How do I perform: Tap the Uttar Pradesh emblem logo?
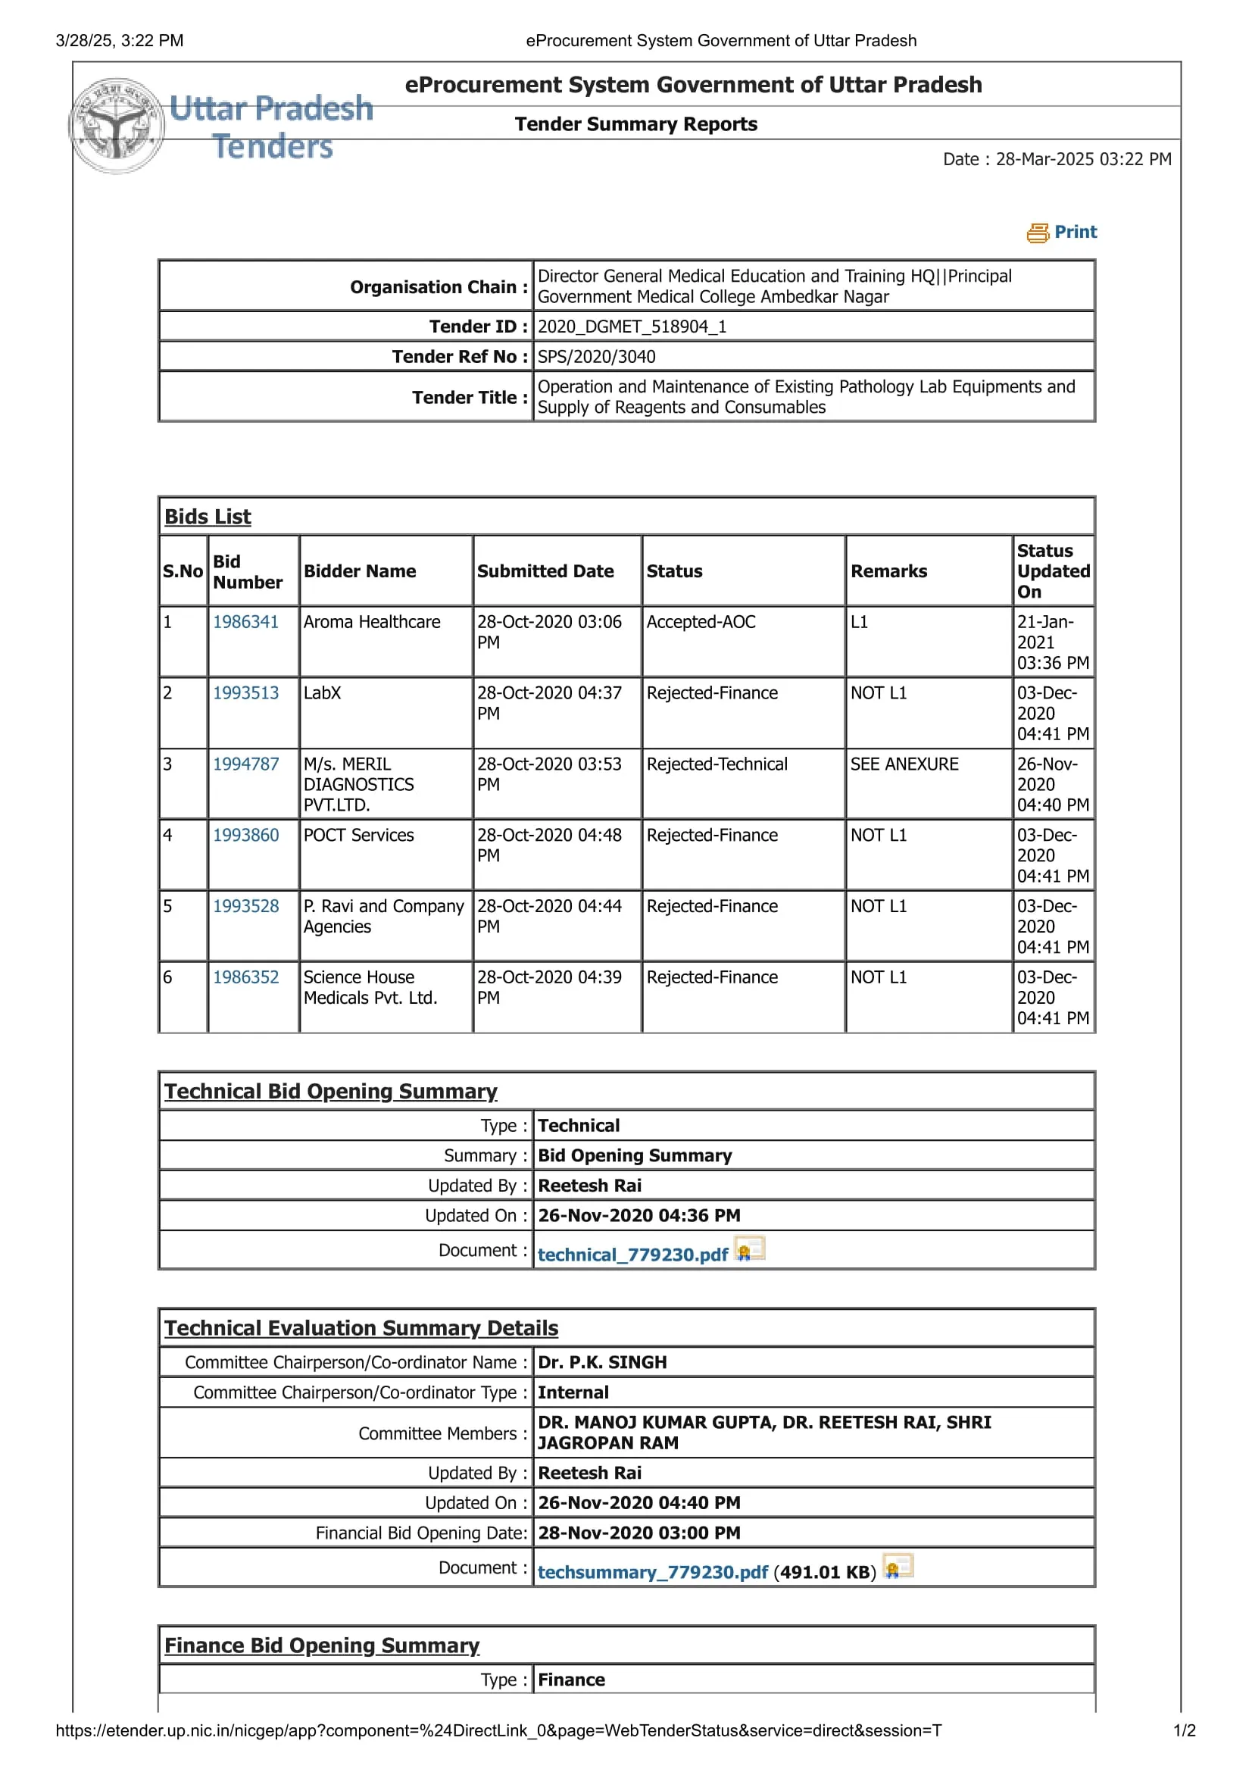tap(117, 126)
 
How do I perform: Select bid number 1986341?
tap(245, 622)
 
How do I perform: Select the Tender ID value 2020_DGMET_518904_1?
tap(632, 327)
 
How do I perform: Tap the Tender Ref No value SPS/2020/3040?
tap(596, 357)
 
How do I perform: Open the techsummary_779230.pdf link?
tap(653, 1572)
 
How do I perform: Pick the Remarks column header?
tap(888, 571)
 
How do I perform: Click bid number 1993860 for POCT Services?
tap(245, 835)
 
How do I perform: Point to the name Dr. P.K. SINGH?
tap(601, 1362)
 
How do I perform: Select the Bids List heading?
tap(208, 517)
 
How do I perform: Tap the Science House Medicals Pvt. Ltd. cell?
tap(370, 987)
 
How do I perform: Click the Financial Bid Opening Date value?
tap(638, 1533)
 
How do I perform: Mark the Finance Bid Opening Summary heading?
tap(322, 1645)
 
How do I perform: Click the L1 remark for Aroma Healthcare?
tap(859, 622)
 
